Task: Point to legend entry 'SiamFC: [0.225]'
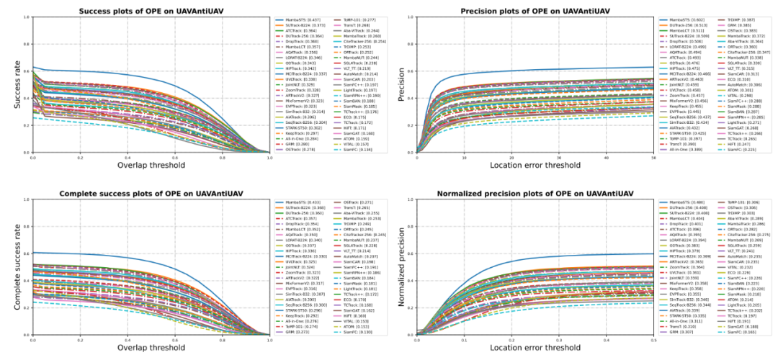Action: (740, 150)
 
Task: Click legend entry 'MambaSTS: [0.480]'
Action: (687, 204)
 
